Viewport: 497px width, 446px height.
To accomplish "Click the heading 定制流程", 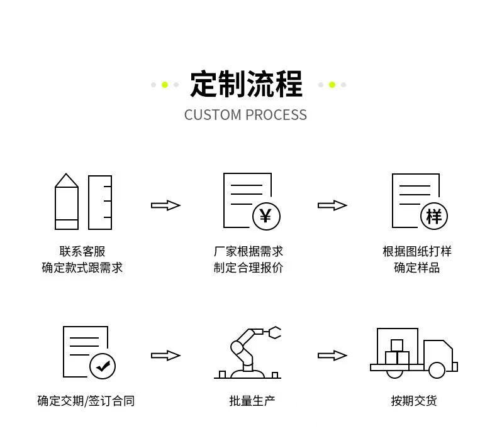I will (x=247, y=84).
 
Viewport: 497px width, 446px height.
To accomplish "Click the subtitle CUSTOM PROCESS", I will (x=245, y=115).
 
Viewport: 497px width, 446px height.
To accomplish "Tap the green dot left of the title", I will (x=165, y=85).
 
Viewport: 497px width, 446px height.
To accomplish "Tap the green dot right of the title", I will (x=332, y=85).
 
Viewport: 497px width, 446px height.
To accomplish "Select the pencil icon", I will (x=67, y=202).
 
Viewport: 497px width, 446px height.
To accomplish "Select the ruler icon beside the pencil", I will (x=100, y=202).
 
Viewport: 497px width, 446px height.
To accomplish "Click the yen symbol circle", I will (x=266, y=216).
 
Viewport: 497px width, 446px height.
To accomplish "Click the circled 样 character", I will (x=434, y=216).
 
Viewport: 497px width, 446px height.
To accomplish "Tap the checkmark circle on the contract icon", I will (x=103, y=366).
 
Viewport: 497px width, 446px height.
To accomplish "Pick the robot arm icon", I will (x=247, y=353).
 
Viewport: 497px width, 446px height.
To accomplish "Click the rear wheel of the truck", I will (x=394, y=371).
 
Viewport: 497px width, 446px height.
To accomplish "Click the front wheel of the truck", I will (x=437, y=371).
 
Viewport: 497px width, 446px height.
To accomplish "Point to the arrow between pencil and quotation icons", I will (x=165, y=205).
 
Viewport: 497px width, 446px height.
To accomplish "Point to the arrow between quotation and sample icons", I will (x=332, y=205).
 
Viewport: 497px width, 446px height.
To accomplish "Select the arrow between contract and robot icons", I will (x=165, y=356).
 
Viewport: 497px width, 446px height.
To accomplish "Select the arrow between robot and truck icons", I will (x=332, y=356).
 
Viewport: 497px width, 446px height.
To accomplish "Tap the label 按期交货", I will (x=413, y=401).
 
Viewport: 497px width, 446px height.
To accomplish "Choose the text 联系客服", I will (x=82, y=252).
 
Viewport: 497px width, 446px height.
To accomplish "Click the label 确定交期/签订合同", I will (x=86, y=401).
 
